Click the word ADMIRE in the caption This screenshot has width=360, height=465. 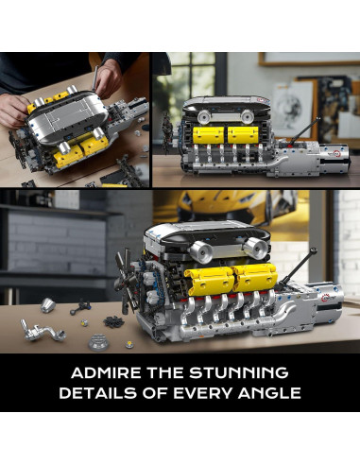coord(106,372)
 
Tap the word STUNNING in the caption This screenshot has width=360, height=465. coord(239,372)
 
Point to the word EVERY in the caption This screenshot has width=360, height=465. coord(203,393)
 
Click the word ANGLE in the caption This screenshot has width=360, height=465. coord(269,393)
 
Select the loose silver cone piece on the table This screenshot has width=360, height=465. coord(48,304)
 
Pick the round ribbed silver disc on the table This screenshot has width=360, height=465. coord(96,342)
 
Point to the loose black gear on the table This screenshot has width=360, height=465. coord(113,322)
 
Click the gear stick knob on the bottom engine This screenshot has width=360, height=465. coord(313,250)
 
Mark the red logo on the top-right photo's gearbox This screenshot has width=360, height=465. coord(334,154)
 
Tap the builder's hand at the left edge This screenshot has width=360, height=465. coord(13,111)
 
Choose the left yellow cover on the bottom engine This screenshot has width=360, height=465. coord(209,281)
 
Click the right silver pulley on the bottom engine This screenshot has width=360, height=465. coord(257,248)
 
